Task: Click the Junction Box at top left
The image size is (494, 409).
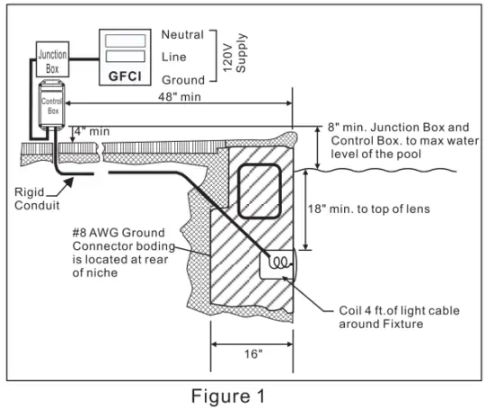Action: [51, 60]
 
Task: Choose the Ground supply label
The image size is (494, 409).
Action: [184, 80]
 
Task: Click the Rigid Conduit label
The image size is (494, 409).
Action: [31, 197]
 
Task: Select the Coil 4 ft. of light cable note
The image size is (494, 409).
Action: [388, 317]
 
